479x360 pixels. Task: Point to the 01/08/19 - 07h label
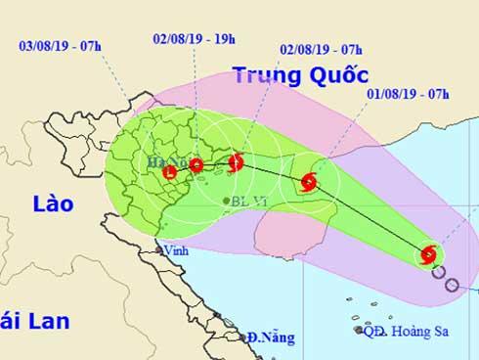tap(410, 95)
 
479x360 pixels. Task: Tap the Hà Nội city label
tap(163, 161)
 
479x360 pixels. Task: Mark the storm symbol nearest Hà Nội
tap(170, 174)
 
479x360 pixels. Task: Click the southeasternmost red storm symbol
tap(427, 256)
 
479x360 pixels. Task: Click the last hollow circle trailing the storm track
tap(452, 285)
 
